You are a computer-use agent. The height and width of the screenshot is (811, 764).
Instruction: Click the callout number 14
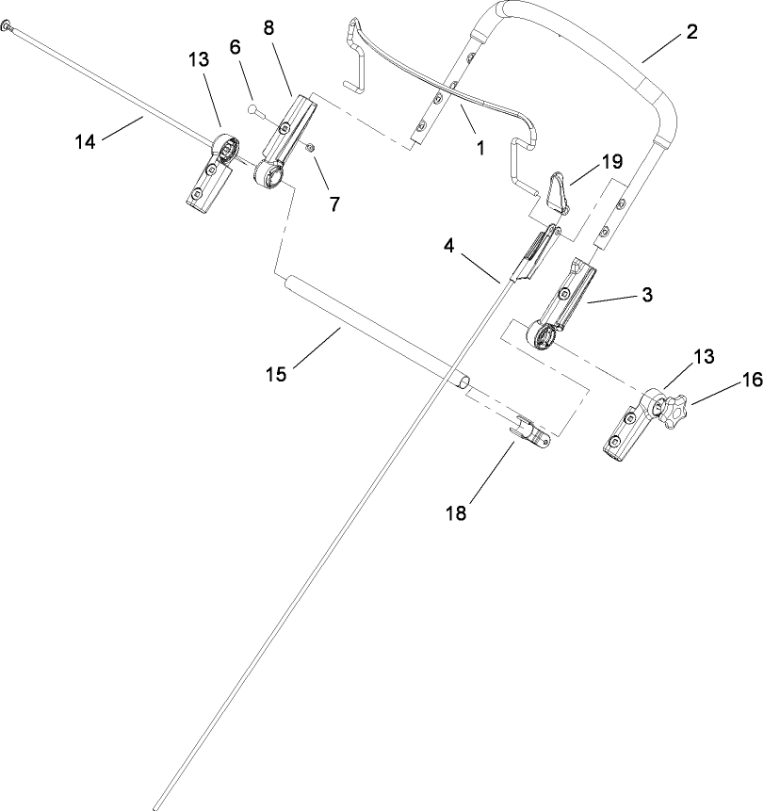tap(86, 141)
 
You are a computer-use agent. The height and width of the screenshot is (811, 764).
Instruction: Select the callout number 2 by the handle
tap(691, 33)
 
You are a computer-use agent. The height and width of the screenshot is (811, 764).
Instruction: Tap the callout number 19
tap(611, 161)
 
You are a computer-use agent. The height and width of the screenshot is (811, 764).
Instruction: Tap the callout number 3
tap(646, 295)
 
